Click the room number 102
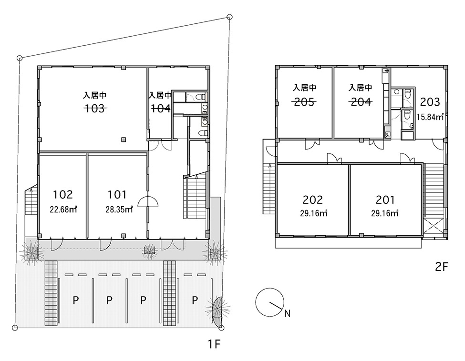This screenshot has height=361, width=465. click(63, 194)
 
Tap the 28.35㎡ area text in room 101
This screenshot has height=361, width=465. click(119, 209)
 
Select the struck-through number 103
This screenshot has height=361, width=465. click(95, 108)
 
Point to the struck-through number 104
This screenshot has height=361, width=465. click(160, 108)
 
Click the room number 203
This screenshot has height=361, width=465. click(430, 102)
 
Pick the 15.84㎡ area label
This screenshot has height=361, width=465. click(430, 117)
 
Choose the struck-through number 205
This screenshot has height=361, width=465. click(304, 101)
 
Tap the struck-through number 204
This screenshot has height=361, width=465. click(360, 101)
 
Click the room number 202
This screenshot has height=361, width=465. click(313, 199)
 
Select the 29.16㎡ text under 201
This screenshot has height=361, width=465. click(385, 213)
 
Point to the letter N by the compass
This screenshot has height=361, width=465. click(287, 313)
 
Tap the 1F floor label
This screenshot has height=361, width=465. click(213, 344)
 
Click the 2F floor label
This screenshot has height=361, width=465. click(442, 267)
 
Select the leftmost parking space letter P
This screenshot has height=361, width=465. click(75, 300)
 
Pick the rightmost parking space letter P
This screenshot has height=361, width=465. click(195, 300)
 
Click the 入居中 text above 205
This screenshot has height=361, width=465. click(304, 88)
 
